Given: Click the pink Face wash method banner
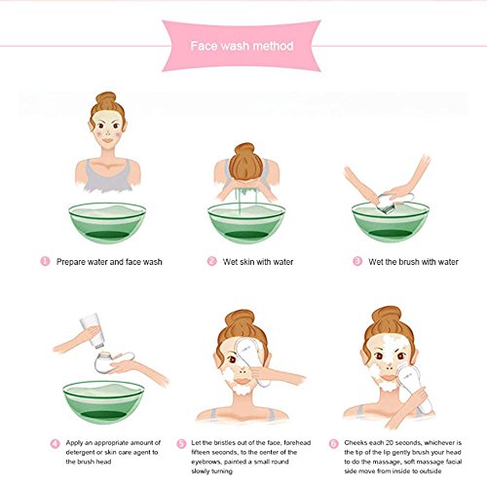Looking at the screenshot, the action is tap(242, 46).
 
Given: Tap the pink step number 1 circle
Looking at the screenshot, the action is tap(45, 261).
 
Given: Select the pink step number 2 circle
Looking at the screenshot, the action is tap(211, 261).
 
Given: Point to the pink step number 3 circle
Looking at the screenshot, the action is tap(357, 261).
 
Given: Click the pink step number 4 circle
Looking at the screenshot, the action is tap(55, 443).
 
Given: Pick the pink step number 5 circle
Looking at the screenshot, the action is tap(181, 443).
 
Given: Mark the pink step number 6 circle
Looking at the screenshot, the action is tap(334, 443).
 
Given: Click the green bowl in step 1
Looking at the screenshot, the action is tap(107, 223).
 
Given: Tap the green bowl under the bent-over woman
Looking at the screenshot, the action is tap(246, 223).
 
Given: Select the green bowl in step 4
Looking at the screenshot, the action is tap(103, 402).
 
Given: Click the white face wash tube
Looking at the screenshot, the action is tap(93, 330).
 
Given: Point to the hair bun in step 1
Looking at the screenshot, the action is tap(106, 98).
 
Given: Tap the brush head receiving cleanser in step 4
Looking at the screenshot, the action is tap(103, 362).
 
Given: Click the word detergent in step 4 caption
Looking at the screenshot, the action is tap(80, 452).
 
